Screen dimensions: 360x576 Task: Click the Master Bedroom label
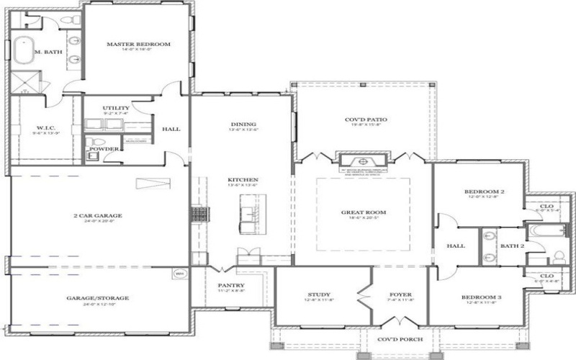(x=138, y=45)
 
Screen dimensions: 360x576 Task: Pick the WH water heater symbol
(x=179, y=273)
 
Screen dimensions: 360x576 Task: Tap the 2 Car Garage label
(x=97, y=215)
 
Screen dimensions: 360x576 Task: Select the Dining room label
(x=243, y=124)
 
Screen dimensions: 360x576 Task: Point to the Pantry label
(x=232, y=285)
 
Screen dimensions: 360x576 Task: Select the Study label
(x=319, y=294)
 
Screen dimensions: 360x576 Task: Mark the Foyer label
(x=400, y=294)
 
